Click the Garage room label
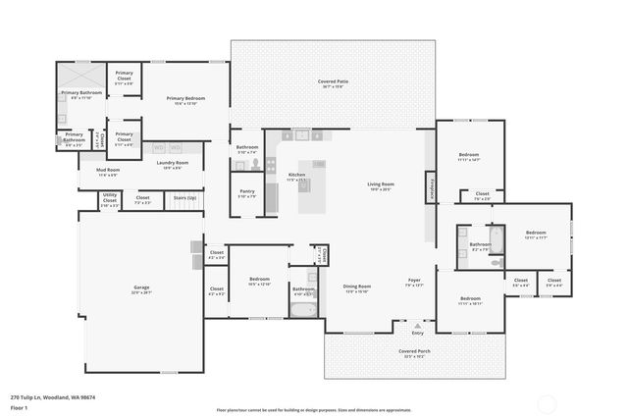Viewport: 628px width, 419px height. [x=141, y=288]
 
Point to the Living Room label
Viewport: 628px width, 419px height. [x=381, y=185]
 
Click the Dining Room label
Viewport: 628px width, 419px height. [x=356, y=288]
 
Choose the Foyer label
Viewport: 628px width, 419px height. [x=415, y=282]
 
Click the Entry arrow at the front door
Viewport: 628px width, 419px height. [x=418, y=325]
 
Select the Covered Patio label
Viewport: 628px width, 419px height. [x=334, y=82]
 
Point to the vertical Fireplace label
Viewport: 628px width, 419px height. [x=429, y=186]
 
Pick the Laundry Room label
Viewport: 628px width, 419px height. [x=173, y=164]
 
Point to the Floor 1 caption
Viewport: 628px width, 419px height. [x=19, y=407]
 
